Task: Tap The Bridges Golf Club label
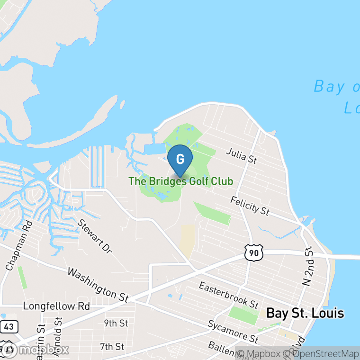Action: coord(180,181)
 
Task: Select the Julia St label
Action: coord(241,156)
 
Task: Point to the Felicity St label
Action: coord(250,206)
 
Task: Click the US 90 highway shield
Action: coord(254,253)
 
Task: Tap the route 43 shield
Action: coord(9,326)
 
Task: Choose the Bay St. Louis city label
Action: coord(305,313)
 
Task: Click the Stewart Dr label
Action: coord(95,236)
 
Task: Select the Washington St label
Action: coord(98,285)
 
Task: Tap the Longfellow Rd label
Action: coord(56,306)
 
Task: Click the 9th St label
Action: coord(116,324)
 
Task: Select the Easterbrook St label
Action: coord(228,295)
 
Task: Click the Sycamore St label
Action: coord(233,332)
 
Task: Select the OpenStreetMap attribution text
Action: coord(322,353)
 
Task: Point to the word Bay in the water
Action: coord(327,87)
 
